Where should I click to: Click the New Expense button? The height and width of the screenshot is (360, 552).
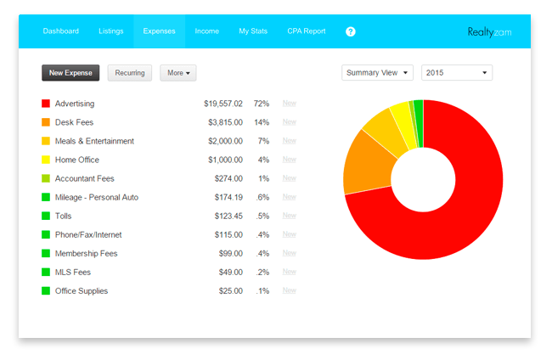click(70, 73)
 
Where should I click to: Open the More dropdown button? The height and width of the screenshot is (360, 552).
click(178, 73)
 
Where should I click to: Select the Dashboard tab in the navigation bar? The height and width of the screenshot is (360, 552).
click(61, 31)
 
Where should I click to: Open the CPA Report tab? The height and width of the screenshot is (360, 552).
click(306, 31)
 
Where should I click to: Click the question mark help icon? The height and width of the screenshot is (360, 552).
click(351, 31)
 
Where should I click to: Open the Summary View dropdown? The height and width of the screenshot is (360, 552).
click(378, 73)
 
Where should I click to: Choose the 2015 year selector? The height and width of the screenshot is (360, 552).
click(457, 73)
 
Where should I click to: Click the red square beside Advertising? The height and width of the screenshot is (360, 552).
click(46, 104)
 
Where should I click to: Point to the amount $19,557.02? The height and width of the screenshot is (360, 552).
click(222, 104)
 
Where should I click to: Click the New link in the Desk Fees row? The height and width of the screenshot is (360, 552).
click(289, 122)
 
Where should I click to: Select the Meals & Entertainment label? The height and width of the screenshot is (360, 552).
click(94, 141)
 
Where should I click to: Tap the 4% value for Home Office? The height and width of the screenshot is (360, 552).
click(263, 160)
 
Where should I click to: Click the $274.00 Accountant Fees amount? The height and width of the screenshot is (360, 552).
click(228, 178)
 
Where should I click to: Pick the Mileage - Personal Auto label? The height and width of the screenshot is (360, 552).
click(96, 197)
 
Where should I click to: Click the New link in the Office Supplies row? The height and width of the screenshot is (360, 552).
click(289, 290)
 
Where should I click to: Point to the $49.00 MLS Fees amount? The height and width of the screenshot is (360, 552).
click(229, 272)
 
